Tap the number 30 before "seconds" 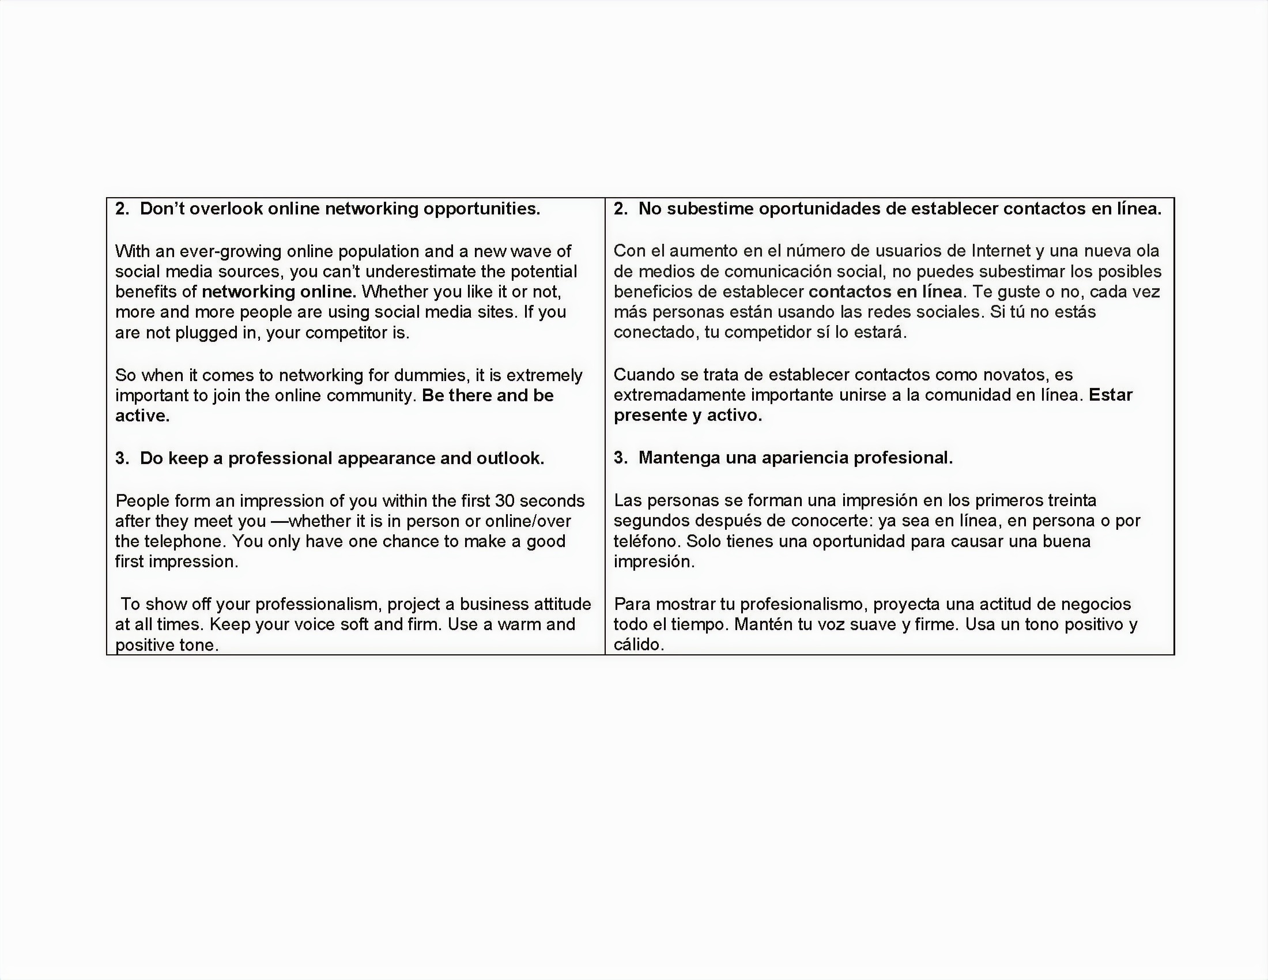(x=505, y=500)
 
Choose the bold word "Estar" (x=1111, y=395)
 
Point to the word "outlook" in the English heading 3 (x=509, y=458)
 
